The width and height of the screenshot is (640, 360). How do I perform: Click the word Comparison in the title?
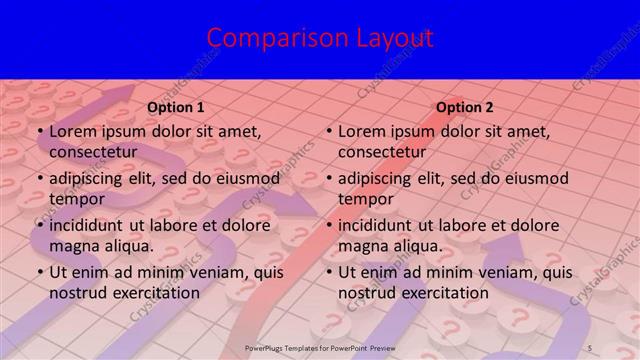coord(268,38)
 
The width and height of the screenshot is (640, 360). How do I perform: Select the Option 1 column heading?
coord(176,107)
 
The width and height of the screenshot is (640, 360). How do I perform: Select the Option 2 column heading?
coord(465,107)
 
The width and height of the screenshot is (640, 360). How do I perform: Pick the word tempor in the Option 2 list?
coord(366,198)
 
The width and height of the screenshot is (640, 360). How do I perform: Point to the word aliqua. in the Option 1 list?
coord(127,245)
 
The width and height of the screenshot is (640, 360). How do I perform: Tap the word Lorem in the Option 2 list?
coord(362,131)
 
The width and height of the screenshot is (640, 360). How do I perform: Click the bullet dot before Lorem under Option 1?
coord(39,132)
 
